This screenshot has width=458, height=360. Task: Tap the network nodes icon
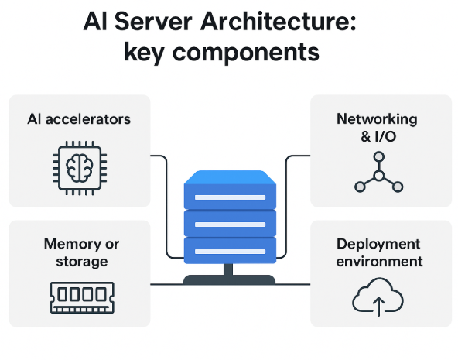coord(378,173)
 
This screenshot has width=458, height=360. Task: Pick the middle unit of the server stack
coord(229,224)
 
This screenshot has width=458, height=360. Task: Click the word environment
coord(379,262)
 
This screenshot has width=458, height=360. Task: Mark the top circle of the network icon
coord(379,157)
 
